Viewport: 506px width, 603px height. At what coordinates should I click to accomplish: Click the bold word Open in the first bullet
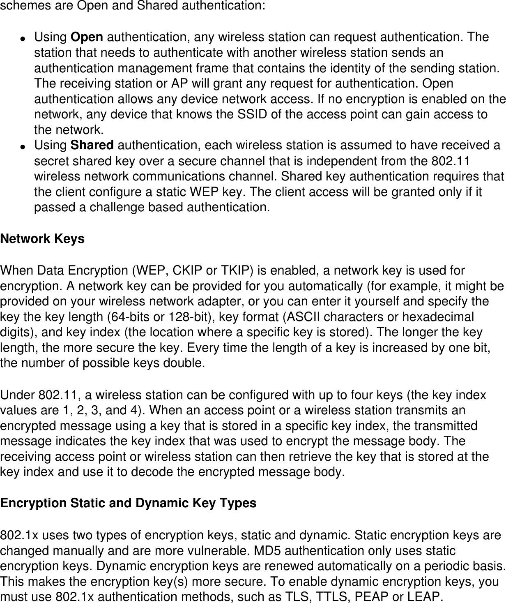click(87, 37)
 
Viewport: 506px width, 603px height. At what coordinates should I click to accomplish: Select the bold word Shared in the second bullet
click(92, 146)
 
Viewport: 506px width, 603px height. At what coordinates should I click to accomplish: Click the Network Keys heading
click(42, 239)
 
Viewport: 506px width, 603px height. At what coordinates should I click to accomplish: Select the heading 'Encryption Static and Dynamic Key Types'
click(128, 503)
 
